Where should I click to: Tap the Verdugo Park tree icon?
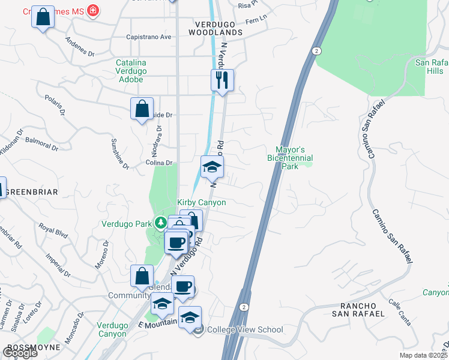(x=160, y=223)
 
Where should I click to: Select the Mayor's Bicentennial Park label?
(x=291, y=158)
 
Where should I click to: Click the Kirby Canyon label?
(x=202, y=203)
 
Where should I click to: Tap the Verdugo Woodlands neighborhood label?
(x=210, y=32)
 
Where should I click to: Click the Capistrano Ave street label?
(x=149, y=37)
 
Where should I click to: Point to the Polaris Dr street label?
(x=62, y=106)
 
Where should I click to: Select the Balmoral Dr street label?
(x=43, y=143)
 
